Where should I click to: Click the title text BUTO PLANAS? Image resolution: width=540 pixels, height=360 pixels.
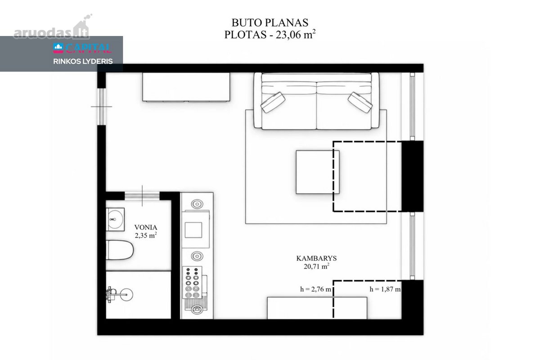(270, 22)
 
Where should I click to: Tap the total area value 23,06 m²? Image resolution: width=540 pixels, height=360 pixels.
(296, 35)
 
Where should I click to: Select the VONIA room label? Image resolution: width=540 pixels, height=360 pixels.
(146, 227)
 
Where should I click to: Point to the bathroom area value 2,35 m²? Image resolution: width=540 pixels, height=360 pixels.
(146, 235)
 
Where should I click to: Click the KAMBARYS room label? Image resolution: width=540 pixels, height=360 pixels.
(316, 258)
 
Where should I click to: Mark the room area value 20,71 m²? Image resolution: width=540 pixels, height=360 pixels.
(316, 266)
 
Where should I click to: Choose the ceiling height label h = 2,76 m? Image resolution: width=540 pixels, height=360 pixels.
(315, 289)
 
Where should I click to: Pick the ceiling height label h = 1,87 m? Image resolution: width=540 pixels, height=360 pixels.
(385, 289)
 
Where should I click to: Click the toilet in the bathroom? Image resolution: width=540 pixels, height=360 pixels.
(120, 250)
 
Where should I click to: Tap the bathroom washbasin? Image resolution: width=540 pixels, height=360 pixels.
(115, 220)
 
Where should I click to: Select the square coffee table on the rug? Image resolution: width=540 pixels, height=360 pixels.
(318, 172)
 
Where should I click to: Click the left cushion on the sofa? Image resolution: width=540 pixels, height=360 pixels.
(273, 102)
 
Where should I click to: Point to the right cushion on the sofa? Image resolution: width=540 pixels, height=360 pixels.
(360, 102)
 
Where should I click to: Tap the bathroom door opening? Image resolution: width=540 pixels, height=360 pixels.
(142, 196)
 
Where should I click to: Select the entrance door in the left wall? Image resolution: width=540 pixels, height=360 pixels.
(102, 107)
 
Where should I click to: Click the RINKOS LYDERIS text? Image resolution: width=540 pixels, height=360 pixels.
(83, 62)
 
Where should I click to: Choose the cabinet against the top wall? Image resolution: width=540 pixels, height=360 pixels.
(186, 87)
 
